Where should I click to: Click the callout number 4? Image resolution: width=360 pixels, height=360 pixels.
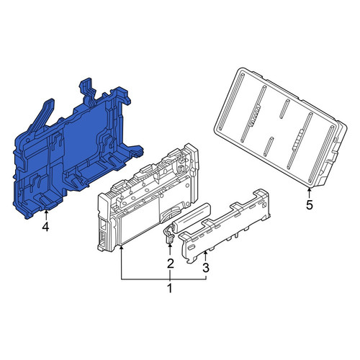pos(45,227)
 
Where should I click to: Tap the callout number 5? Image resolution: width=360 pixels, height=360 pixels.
pos(310,205)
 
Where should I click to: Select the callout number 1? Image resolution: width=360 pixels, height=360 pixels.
pos(170,288)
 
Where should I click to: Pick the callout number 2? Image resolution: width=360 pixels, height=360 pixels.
pos(170,264)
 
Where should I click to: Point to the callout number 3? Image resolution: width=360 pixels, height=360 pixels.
pos(206,268)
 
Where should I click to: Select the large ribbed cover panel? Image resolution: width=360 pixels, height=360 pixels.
pos(280,127)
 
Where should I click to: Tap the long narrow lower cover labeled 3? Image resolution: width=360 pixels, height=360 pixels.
pos(225,225)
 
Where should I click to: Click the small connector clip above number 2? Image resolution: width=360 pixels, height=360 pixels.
pos(168,236)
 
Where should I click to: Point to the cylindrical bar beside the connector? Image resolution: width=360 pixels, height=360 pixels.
pos(191,218)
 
